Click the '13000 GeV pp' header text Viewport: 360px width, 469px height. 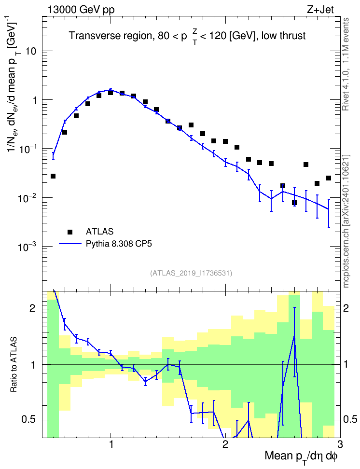[81, 10]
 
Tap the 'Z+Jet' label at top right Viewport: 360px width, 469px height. [320, 10]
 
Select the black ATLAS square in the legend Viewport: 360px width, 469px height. [70, 232]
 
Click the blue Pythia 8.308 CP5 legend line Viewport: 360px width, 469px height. [70, 244]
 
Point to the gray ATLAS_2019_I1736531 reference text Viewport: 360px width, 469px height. [191, 273]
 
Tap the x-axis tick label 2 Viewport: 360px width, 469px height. [225, 444]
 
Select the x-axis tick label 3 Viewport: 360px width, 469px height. [340, 444]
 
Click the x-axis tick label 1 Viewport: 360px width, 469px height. [111, 444]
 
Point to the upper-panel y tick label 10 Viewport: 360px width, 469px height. [30, 51]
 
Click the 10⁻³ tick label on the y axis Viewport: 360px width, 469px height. [28, 246]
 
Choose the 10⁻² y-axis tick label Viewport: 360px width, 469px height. [28, 197]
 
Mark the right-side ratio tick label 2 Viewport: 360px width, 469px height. [346, 308]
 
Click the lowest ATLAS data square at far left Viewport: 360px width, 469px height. [53, 176]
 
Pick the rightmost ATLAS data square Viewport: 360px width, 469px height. [329, 178]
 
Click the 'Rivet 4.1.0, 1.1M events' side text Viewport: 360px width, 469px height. [346, 64]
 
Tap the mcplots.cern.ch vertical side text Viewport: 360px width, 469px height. [346, 221]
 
